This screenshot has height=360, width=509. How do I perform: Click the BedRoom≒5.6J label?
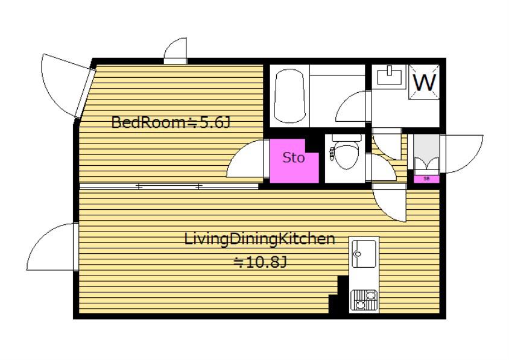pyautogui.click(x=171, y=122)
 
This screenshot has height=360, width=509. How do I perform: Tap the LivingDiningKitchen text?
pyautogui.click(x=259, y=239)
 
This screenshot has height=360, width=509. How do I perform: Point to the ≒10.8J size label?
pyautogui.click(x=261, y=262)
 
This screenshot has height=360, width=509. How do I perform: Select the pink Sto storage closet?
pyautogui.click(x=294, y=161)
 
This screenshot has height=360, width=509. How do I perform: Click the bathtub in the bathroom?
pyautogui.click(x=290, y=96)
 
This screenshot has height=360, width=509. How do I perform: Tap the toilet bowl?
pyautogui.click(x=346, y=153)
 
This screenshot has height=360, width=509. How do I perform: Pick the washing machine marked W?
pyautogui.click(x=425, y=82)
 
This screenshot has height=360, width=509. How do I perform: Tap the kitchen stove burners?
pyautogui.click(x=364, y=299)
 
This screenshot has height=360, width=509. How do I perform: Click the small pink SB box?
pyautogui.click(x=426, y=179)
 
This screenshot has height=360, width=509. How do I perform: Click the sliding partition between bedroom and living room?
pyautogui.click(x=169, y=186)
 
